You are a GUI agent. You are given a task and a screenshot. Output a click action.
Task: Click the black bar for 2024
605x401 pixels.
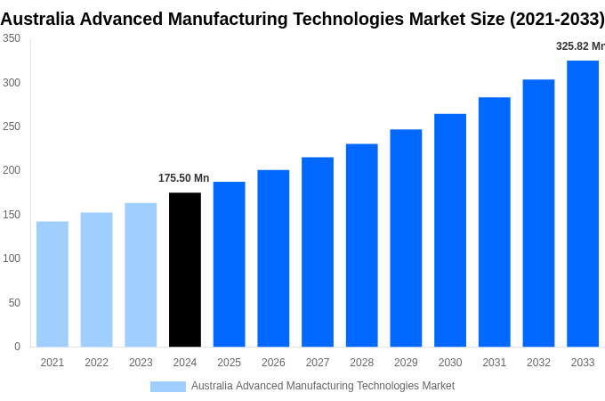pos(185,269)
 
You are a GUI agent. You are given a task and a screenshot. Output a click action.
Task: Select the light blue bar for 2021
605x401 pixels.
pos(52,283)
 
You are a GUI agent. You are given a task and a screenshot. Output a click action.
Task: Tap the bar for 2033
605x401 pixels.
pos(583,203)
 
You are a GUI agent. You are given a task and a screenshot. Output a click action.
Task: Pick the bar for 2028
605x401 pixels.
pos(362,245)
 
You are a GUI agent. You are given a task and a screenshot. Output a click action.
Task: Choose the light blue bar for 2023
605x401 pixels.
pos(141,274)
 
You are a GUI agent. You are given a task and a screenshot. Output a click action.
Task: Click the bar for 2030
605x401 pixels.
pos(450,230)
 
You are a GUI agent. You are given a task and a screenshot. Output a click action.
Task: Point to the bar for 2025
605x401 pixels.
pos(229,264)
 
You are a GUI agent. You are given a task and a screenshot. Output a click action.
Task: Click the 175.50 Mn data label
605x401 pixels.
pos(184,178)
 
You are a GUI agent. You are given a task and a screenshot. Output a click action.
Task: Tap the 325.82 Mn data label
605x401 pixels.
pos(580,46)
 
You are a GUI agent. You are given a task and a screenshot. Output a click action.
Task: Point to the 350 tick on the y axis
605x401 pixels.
pos(12,38)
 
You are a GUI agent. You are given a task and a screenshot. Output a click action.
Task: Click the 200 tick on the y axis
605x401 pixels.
pos(12,170)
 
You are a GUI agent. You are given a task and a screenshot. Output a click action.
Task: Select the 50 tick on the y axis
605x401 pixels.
pos(14,303)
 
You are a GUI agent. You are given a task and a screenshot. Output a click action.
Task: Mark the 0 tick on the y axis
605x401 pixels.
pos(17,347)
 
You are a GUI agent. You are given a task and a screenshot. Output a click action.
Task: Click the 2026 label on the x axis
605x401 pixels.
pos(273,363)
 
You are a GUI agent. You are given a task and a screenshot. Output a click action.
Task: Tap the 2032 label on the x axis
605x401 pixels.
pos(538,363)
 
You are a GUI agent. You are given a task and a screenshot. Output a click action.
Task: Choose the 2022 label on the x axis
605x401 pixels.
pos(96,363)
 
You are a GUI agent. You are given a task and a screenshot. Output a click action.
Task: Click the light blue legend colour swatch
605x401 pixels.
pos(168,386)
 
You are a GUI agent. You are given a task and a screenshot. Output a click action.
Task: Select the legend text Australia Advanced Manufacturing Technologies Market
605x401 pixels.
pos(323,386)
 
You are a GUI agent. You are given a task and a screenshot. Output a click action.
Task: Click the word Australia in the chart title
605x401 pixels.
pos(40,19)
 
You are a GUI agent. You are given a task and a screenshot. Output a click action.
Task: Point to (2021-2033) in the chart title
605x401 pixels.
pos(556,19)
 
